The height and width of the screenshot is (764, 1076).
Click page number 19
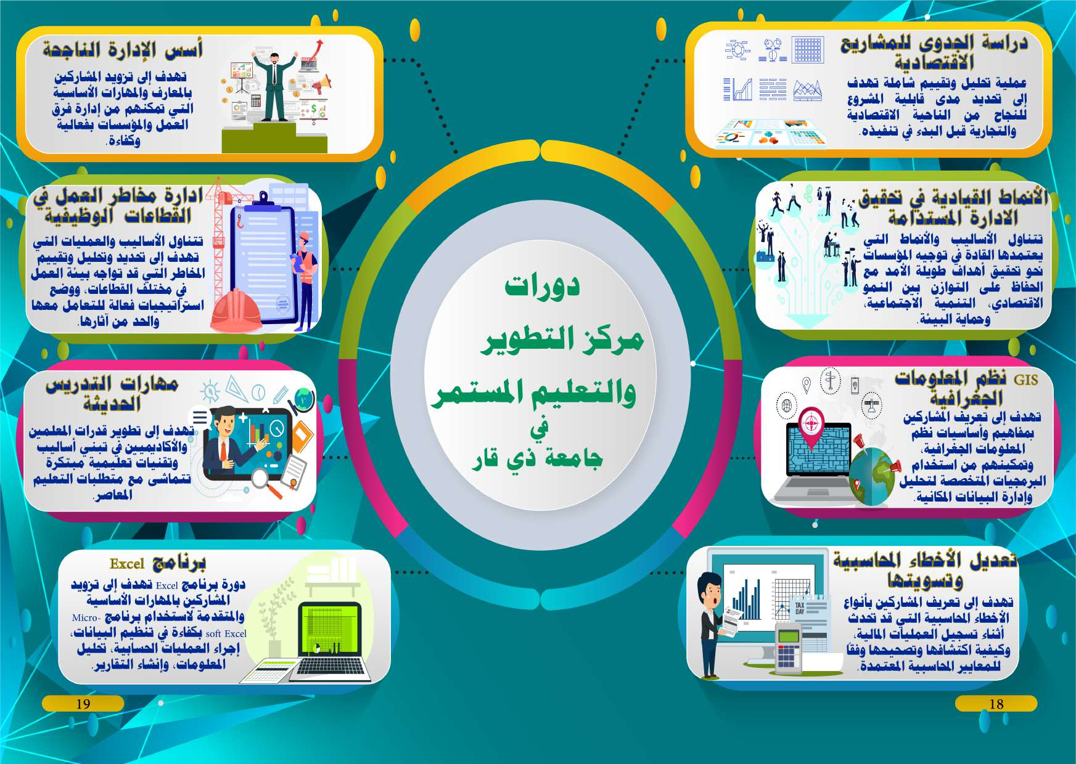[x=83, y=704]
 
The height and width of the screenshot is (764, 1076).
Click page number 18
[x=996, y=704]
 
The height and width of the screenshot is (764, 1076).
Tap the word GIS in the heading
[x=1026, y=380]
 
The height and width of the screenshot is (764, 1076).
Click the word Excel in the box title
[x=127, y=564]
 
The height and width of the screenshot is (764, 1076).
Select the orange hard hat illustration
[x=236, y=311]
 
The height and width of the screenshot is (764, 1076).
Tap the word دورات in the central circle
[x=542, y=286]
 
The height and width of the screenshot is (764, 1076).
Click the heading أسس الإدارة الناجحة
[x=123, y=49]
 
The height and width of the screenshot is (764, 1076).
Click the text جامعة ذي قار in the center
[x=537, y=459]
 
